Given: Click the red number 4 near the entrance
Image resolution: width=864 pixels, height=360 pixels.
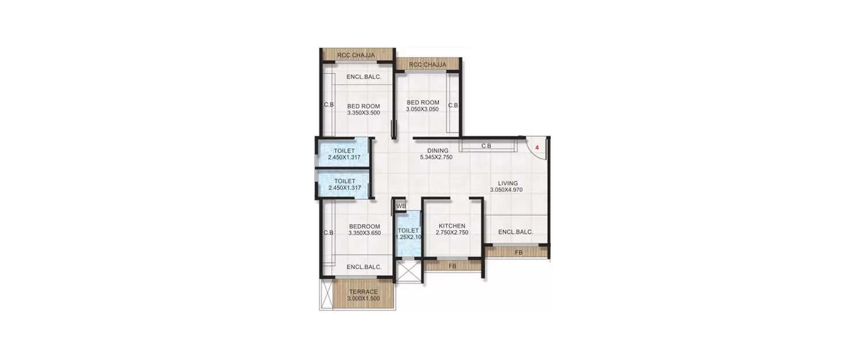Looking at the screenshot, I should click(537, 148).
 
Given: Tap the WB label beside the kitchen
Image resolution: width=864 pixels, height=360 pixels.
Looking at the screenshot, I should click(401, 206).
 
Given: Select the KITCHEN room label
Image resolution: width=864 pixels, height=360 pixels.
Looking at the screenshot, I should click(452, 226).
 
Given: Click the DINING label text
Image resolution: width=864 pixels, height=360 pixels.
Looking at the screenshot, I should click(438, 151).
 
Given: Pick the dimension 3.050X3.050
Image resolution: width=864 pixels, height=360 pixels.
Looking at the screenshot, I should click(423, 109).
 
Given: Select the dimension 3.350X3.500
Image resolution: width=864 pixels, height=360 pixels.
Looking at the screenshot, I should click(363, 113).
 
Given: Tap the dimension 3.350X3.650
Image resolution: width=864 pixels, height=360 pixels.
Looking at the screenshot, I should click(364, 233).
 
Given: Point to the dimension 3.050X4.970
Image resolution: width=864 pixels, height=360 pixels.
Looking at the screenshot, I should click(506, 190).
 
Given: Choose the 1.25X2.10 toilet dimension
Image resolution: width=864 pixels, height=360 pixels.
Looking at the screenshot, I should click(409, 237).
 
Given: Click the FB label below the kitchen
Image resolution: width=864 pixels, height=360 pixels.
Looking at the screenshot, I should click(452, 267).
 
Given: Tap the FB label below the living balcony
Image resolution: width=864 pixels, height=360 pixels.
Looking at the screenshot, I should click(518, 252).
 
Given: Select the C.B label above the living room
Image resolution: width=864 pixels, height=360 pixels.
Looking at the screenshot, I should click(486, 146).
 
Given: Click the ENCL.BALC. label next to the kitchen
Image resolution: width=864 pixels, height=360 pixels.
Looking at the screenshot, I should click(516, 232).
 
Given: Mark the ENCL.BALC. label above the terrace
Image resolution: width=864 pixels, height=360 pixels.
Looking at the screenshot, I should click(364, 267).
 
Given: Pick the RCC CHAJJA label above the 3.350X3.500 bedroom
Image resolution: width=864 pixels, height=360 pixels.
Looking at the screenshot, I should click(357, 56).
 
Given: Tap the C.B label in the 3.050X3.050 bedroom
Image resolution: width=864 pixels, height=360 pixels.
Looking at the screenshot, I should click(453, 105).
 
